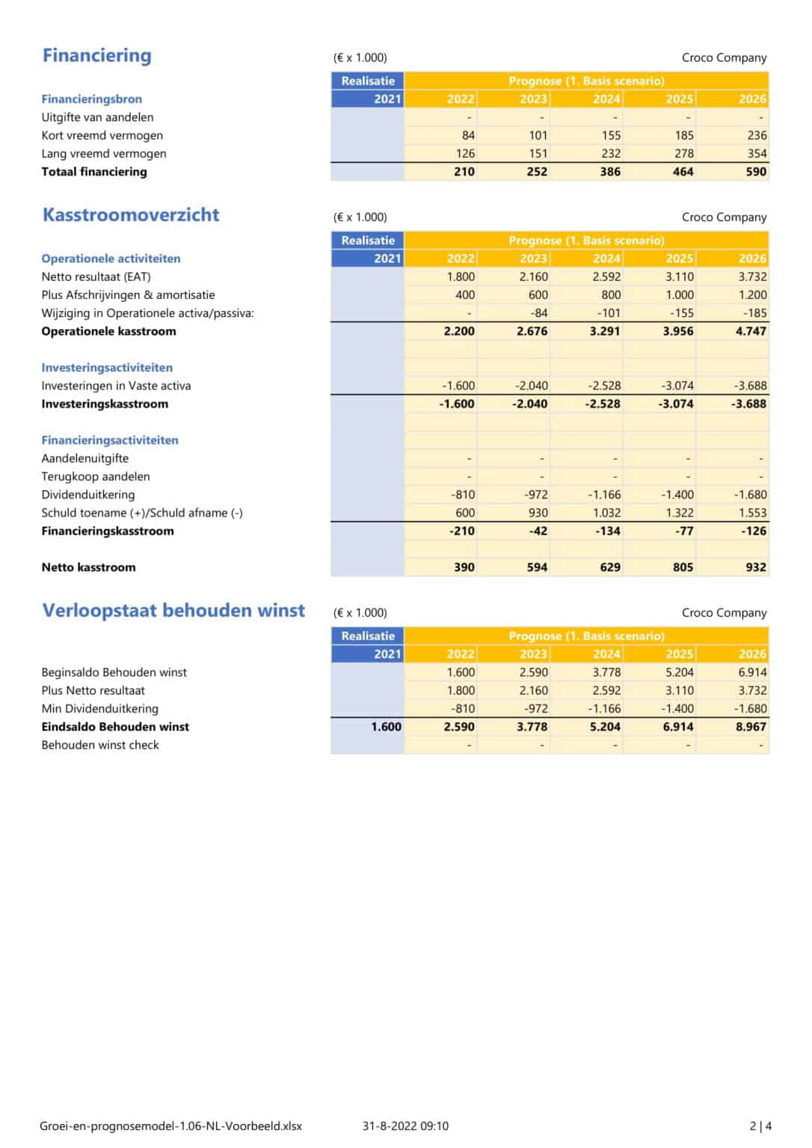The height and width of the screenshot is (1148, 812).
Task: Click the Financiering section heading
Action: pos(96,55)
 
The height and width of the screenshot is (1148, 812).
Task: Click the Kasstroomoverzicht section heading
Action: pos(131,215)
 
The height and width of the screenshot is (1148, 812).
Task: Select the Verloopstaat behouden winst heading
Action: pos(173,610)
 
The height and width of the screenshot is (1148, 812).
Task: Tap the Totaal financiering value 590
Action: pos(756,171)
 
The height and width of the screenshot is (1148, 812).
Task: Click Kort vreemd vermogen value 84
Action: pos(468,135)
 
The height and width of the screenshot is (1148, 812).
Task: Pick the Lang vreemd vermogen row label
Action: pos(104,153)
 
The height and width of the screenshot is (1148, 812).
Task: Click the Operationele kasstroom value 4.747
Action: pos(751,331)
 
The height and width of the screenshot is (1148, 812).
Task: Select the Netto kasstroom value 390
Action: pos(464,567)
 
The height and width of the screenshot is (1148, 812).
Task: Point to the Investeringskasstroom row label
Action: pos(105,404)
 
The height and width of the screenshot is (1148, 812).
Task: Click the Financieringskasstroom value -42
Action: pos(537,531)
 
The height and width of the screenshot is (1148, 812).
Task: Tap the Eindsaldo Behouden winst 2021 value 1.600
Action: pos(386,726)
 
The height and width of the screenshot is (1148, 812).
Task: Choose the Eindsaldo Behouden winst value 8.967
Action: pos(751,726)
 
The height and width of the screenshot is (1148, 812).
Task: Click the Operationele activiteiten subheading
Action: pos(111,259)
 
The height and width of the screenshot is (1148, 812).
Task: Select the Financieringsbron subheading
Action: pos(91,99)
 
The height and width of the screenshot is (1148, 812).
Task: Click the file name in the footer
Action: pos(171,1126)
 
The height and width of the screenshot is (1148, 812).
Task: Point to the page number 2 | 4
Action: pos(760,1126)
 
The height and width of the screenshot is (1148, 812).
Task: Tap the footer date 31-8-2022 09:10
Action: pos(405,1126)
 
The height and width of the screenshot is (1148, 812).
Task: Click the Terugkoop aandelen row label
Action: pos(96,476)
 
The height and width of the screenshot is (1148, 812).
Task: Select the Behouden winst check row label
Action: pos(100,744)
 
